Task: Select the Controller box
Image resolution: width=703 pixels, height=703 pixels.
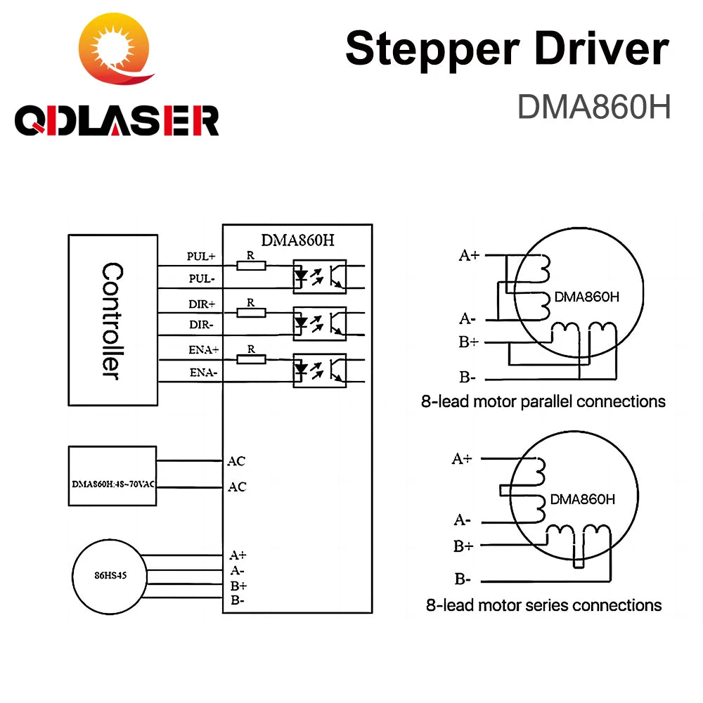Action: point(112,320)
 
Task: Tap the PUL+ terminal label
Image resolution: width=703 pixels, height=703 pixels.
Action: point(201,257)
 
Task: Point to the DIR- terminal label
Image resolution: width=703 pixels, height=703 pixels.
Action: point(201,325)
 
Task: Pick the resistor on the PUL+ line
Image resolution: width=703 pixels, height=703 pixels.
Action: point(251,265)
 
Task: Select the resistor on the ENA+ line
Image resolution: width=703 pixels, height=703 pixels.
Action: point(251,359)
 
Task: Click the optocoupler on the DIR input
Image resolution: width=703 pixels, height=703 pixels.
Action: point(319,323)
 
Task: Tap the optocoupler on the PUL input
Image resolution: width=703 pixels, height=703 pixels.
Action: point(319,276)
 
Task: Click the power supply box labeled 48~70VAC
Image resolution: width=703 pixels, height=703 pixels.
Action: point(112,476)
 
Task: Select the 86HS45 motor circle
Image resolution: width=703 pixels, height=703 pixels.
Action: point(110,575)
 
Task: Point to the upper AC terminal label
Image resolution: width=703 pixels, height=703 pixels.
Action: point(237,461)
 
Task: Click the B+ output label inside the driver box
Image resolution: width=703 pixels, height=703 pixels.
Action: point(238,586)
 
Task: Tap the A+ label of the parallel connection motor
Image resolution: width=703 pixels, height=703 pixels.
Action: point(469,255)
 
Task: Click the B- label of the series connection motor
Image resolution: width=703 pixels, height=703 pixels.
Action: point(463,579)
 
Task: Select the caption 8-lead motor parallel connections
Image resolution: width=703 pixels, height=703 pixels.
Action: point(543,401)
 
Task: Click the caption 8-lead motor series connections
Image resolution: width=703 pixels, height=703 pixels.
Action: point(543,605)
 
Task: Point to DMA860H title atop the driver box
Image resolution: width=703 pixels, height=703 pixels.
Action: point(297,239)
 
